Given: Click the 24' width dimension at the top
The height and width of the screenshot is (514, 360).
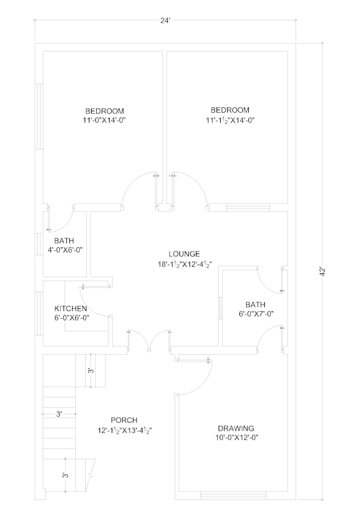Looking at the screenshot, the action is point(165,21).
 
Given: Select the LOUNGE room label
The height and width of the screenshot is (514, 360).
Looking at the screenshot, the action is point(184,254).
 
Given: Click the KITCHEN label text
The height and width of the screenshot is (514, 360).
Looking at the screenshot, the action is point(70,309).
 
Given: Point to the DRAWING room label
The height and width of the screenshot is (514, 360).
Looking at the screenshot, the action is point(236,428).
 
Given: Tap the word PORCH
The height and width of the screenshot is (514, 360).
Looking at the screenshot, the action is point(124,420).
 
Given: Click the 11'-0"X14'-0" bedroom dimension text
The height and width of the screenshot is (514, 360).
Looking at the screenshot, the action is point(105,120).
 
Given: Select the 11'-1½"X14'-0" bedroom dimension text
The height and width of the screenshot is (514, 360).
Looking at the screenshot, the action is point(230,120).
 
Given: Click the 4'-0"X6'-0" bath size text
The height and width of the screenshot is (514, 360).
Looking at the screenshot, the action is point(65,250).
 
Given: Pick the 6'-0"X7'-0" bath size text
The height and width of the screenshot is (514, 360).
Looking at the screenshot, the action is point(256,314).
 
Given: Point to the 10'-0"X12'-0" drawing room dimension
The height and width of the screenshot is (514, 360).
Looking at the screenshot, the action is point(237,437).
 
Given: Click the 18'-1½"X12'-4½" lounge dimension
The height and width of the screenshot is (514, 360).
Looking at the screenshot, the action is point(185,264).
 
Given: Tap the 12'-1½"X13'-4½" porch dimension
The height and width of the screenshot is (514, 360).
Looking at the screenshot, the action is point(124,430).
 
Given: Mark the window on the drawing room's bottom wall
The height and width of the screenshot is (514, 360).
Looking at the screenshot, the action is point(233,495).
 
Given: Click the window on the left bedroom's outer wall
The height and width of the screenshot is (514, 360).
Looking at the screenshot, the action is point(39,116).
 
